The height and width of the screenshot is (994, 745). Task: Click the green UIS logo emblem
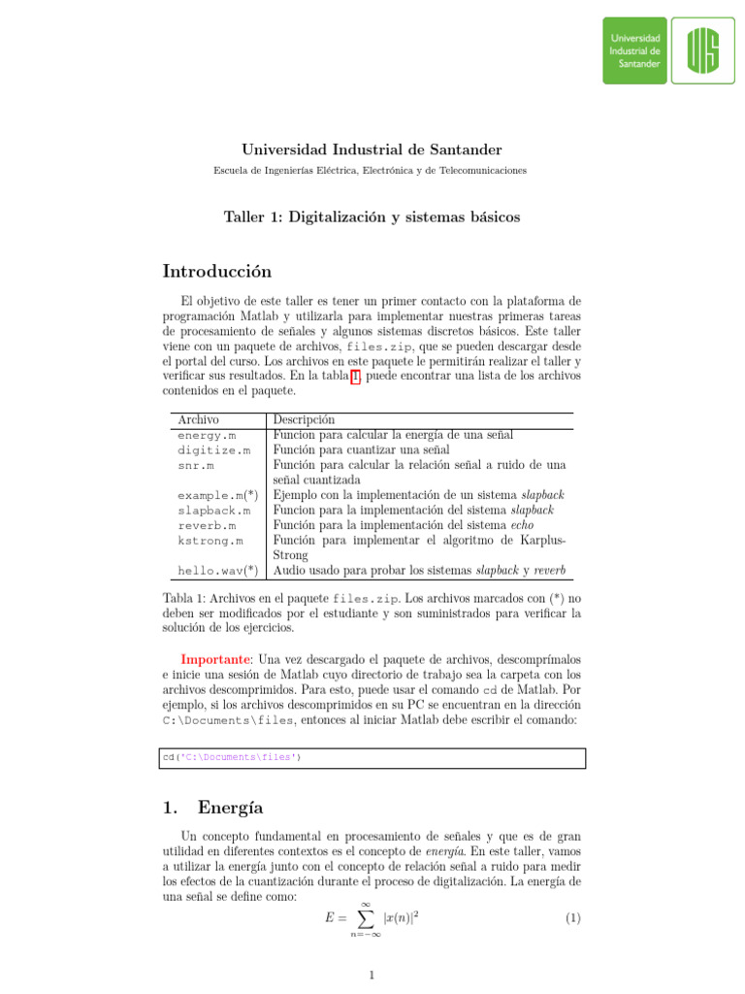point(703,50)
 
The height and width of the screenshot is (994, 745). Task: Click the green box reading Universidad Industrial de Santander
point(635,50)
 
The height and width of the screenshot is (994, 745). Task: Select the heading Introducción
point(217,272)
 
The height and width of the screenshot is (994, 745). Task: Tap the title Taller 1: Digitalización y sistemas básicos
point(372,217)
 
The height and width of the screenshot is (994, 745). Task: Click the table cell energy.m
point(207,436)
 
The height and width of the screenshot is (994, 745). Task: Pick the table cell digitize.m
point(213,450)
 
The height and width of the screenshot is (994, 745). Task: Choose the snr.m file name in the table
point(197,466)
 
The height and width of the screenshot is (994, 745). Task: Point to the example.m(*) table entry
point(217,495)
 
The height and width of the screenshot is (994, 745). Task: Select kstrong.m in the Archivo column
point(211,540)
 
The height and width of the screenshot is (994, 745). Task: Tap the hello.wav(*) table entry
point(217,570)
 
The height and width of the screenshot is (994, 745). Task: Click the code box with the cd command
point(372,757)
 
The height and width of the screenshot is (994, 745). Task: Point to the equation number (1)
point(572,915)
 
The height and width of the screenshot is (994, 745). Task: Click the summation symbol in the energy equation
point(366,917)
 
